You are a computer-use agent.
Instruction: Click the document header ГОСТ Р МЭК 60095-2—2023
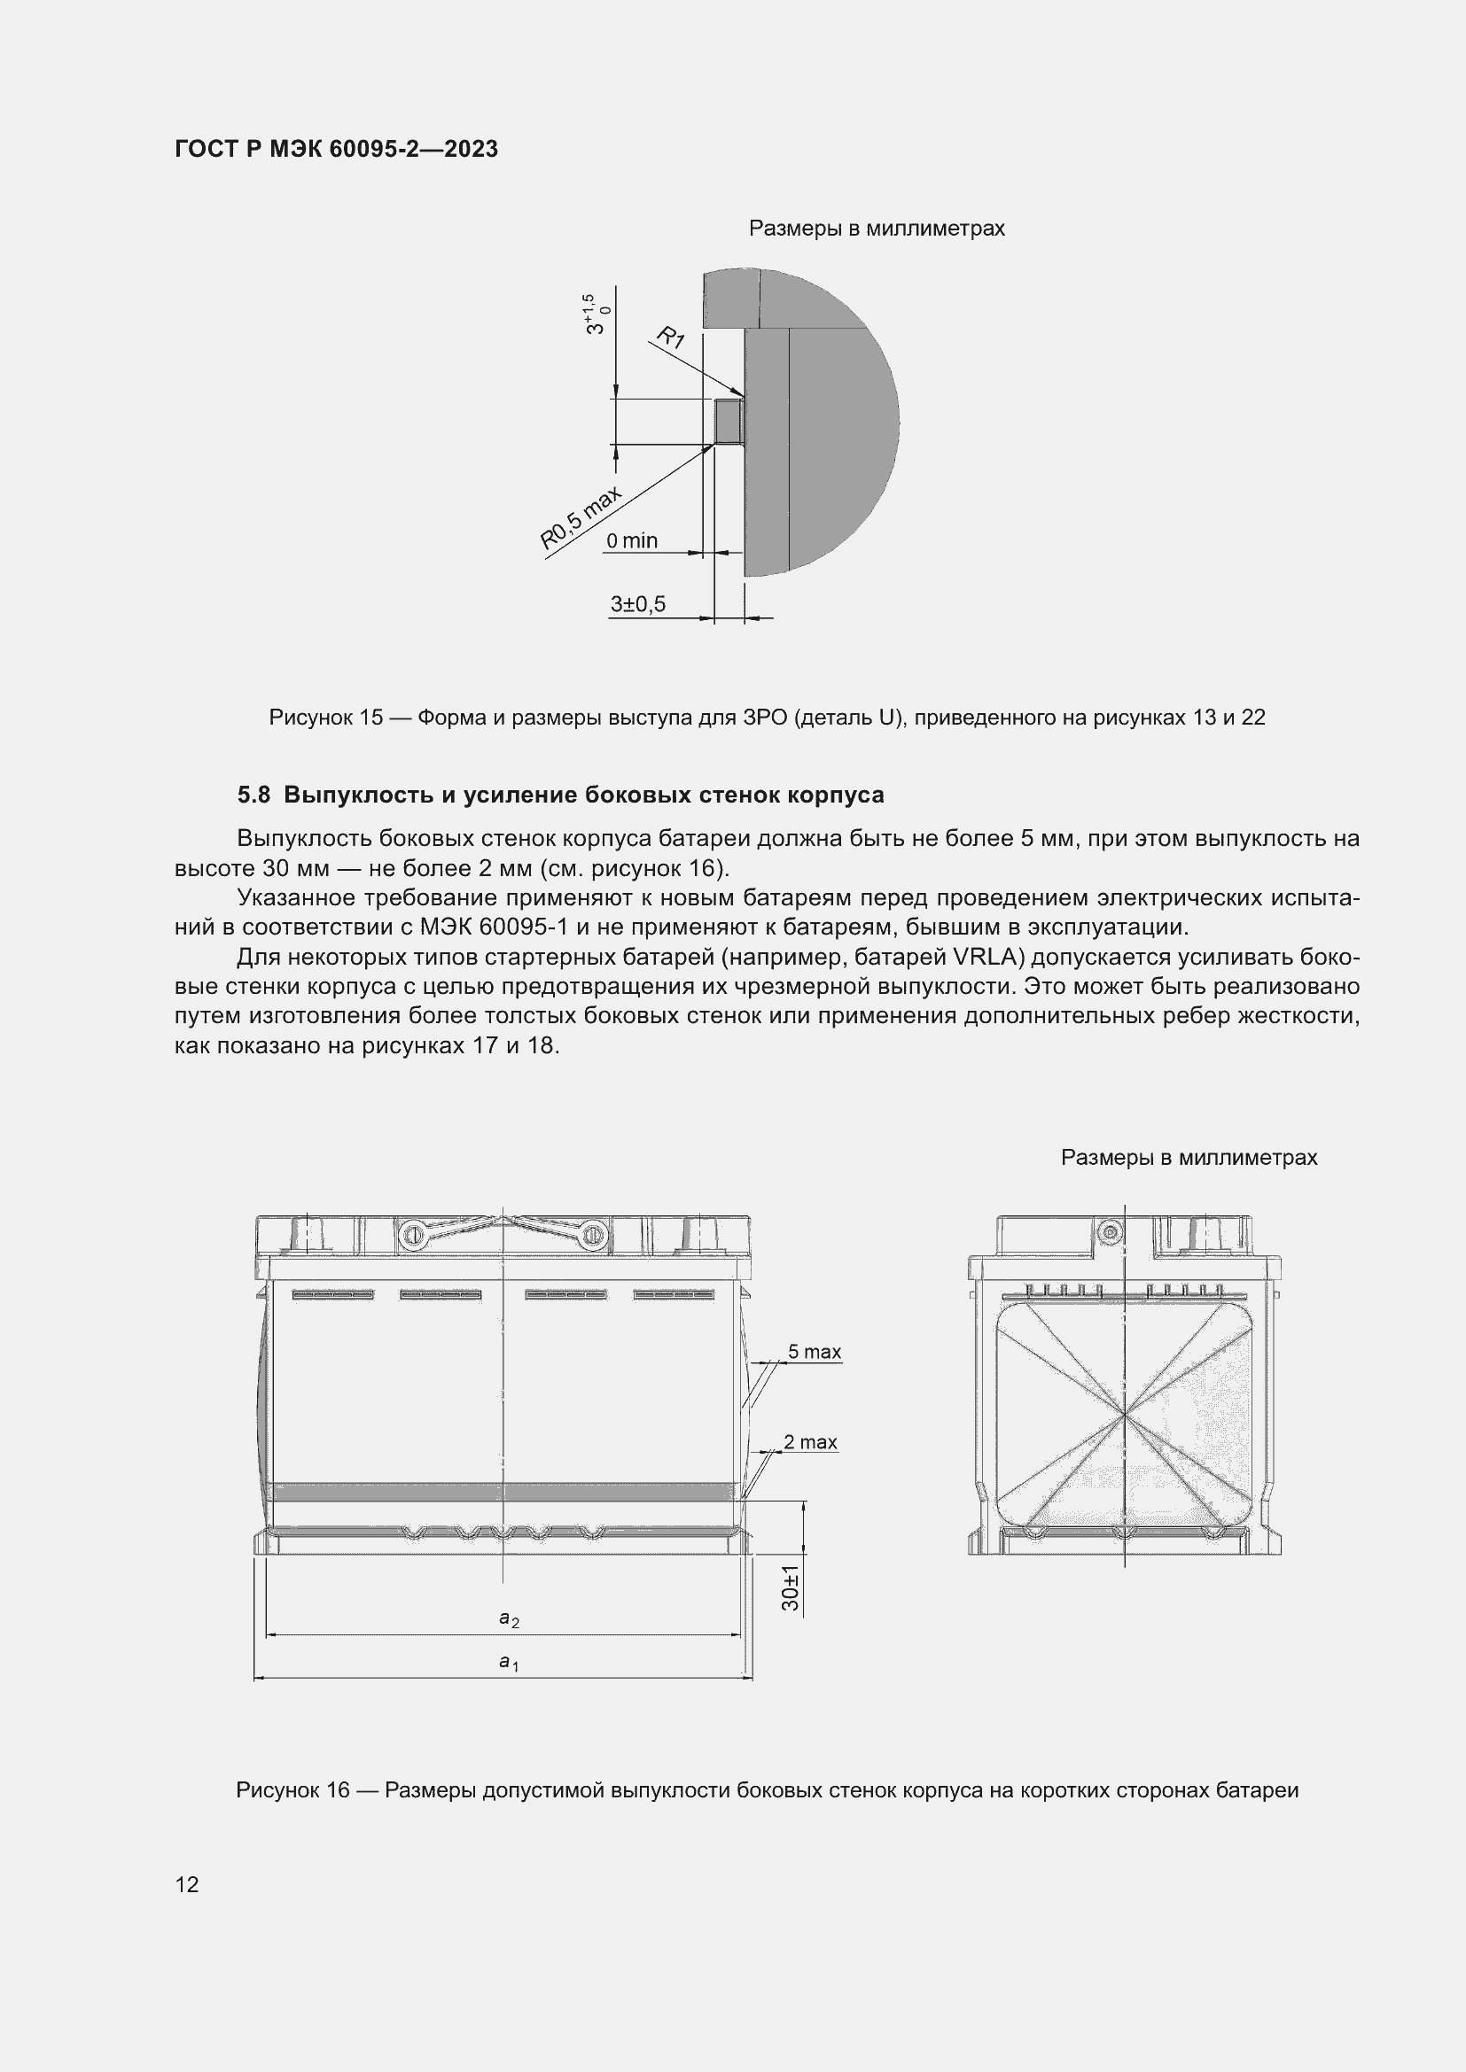point(336,150)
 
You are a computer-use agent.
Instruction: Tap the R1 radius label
point(670,339)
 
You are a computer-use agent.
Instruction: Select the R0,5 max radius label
point(581,519)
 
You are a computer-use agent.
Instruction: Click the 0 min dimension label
point(631,540)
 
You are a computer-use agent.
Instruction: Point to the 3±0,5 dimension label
point(637,604)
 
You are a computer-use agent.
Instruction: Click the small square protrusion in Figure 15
point(728,422)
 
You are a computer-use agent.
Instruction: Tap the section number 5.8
point(253,795)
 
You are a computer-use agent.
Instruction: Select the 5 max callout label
point(814,1352)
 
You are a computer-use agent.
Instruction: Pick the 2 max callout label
point(810,1442)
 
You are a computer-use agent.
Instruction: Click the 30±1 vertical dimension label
point(791,1588)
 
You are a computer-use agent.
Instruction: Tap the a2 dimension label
point(508,1619)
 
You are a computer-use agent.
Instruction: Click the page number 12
point(187,1884)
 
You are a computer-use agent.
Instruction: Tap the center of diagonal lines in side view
point(1125,1416)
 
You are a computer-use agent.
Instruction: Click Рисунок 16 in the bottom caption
point(292,1790)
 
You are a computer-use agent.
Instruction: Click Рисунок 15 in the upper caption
point(326,718)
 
